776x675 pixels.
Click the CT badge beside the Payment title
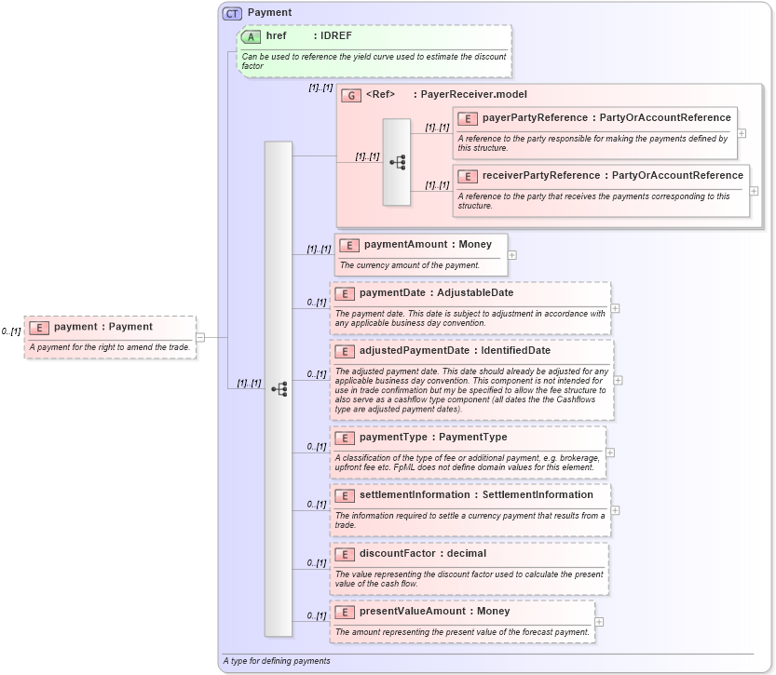pos(232,13)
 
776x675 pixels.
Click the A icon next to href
pos(251,36)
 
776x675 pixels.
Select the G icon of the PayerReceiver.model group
pos(351,95)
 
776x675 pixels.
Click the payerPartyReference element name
pos(535,118)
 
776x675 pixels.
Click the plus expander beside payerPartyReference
pos(742,133)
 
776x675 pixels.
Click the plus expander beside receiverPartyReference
pos(754,191)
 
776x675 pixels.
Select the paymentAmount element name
pos(405,245)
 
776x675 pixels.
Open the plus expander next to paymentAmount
pos(511,255)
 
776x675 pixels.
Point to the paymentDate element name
pos(397,293)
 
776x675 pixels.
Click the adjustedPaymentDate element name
pos(415,351)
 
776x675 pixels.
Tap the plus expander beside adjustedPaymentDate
pos(618,380)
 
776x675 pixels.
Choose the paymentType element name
pos(393,438)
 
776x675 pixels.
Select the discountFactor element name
pos(397,554)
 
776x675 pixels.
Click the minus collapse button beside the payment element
pos(200,337)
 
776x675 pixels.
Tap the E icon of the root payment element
pos(39,327)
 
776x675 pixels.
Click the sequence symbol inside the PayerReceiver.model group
pos(397,162)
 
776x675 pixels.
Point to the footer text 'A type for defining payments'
pos(277,661)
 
